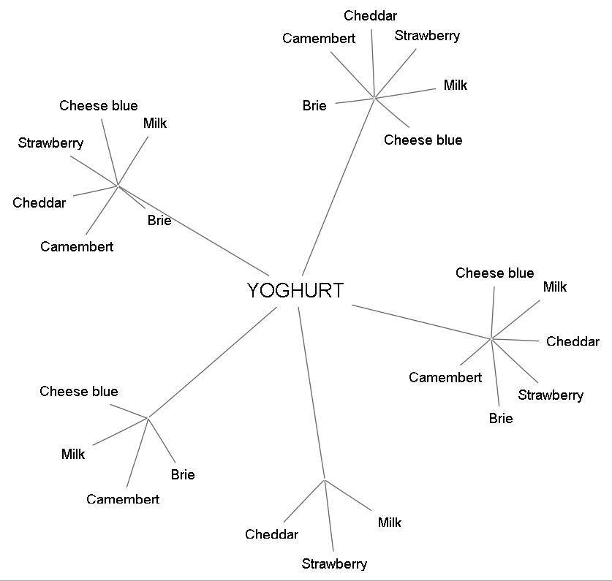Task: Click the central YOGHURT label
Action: [x=295, y=290]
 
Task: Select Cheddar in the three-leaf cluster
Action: [x=271, y=534]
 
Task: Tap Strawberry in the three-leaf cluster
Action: [x=334, y=563]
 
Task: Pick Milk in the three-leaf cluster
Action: [x=390, y=522]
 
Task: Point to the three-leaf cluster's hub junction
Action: [x=325, y=480]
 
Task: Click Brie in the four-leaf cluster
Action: [x=183, y=474]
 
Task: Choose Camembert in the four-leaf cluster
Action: [x=123, y=499]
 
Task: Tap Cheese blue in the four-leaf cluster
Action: [x=79, y=391]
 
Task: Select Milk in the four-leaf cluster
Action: [x=73, y=454]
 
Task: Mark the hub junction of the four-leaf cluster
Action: [x=148, y=417]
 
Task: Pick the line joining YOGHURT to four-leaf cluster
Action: [x=212, y=362]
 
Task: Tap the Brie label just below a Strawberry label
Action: [x=501, y=418]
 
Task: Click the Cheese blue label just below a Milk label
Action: [x=423, y=140]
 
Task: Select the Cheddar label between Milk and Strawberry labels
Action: [x=573, y=341]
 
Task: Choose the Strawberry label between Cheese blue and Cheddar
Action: [x=50, y=143]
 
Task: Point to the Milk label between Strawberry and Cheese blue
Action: [x=456, y=85]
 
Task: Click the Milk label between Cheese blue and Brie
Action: [x=155, y=123]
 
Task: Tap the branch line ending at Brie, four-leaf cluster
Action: [x=161, y=441]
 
